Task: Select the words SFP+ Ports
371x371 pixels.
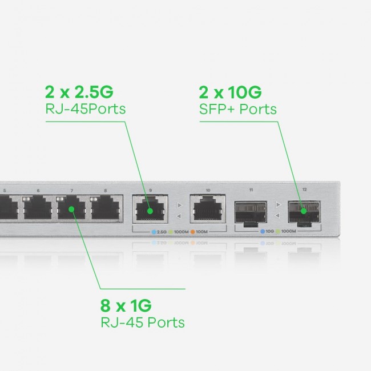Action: [237, 108]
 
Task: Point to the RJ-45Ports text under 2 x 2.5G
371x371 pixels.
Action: [84, 108]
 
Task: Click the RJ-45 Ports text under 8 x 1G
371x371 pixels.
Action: [142, 322]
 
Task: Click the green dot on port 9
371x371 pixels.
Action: [150, 210]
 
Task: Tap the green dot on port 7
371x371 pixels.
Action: [72, 209]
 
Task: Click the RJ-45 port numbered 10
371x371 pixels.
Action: [208, 210]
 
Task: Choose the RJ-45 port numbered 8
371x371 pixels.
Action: [105, 208]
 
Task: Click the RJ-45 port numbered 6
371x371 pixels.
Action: [38, 208]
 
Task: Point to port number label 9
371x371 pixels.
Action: [150, 190]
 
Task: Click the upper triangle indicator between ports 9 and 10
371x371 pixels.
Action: [179, 204]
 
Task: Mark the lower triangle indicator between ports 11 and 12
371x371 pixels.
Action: [278, 216]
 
